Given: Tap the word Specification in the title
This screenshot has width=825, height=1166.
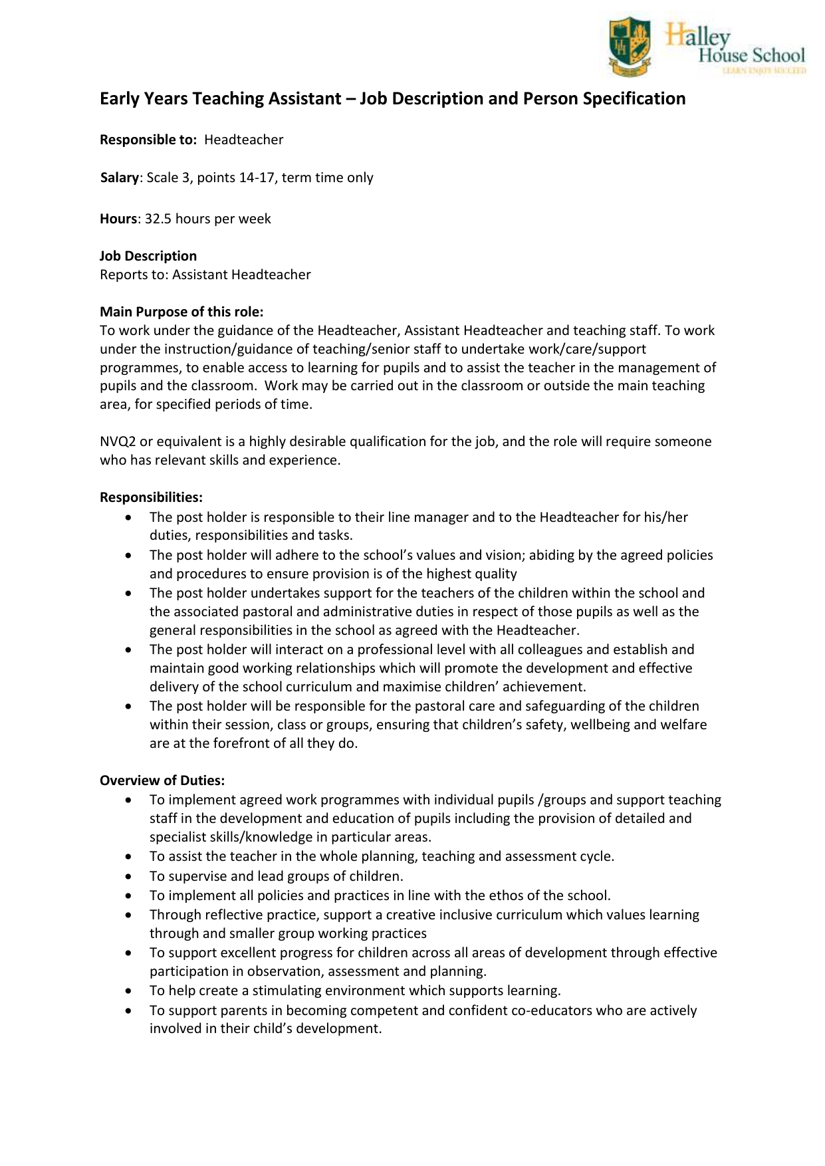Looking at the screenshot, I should coord(634,98).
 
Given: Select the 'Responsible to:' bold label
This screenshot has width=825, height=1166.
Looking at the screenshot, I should coord(148,140).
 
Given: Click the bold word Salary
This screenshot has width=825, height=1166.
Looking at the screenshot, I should coord(120,177).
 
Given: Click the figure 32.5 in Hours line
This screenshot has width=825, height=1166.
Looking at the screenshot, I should coord(158,219).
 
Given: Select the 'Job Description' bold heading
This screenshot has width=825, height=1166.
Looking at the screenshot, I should coord(148,256).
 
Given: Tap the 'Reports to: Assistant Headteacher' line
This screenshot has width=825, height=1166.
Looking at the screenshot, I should coord(205,275).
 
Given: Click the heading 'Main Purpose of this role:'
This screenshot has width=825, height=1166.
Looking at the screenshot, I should coord(181,312).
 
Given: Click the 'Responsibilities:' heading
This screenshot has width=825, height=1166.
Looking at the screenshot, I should coord(151,497).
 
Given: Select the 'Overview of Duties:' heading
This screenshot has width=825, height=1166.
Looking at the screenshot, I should coord(162,780).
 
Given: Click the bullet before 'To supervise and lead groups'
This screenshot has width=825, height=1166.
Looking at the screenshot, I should coord(128,876).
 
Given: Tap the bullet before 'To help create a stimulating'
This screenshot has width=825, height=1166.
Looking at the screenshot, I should coord(128,991).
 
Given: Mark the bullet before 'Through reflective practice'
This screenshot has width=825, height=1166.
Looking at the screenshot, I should coord(128,915).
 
